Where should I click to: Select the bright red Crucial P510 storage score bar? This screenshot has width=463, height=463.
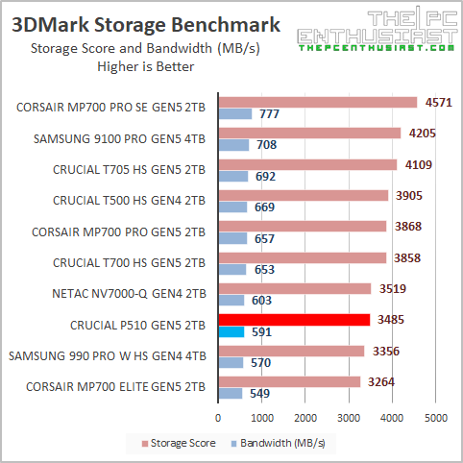294,320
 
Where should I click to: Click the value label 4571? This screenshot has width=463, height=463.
438,102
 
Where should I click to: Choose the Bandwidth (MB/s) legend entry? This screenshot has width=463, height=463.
279,443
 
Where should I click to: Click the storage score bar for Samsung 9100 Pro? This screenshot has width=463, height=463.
309,134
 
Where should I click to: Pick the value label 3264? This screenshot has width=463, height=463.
380,381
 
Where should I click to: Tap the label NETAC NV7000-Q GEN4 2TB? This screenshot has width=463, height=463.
124,294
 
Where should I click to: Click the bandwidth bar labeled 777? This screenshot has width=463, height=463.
235,114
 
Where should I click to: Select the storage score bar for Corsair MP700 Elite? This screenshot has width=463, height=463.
289,381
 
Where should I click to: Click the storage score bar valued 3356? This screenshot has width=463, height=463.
291,351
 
